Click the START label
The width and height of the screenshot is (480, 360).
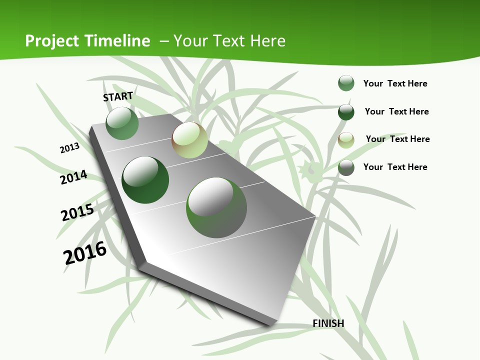click(x=118, y=96)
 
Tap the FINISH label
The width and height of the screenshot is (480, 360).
click(x=328, y=323)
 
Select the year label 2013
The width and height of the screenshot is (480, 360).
click(x=70, y=148)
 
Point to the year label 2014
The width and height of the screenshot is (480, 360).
click(x=74, y=177)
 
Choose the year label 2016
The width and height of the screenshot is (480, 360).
click(x=85, y=253)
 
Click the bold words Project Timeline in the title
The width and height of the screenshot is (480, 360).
click(x=87, y=41)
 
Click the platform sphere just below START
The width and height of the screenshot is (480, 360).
click(x=122, y=123)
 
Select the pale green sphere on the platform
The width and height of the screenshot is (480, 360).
click(x=189, y=140)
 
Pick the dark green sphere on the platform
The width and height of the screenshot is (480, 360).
click(x=145, y=180)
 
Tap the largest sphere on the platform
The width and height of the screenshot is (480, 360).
click(x=216, y=207)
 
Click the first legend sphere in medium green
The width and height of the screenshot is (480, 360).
click(x=346, y=83)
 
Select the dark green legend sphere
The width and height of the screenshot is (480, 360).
click(x=346, y=111)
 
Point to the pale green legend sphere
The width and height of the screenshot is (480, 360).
click(x=346, y=139)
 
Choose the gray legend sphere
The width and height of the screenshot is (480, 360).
click(x=346, y=167)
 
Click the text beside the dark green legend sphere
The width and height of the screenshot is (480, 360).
click(x=396, y=111)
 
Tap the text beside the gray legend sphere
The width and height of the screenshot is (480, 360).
click(x=395, y=167)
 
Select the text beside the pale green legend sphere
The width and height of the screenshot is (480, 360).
click(x=397, y=139)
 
